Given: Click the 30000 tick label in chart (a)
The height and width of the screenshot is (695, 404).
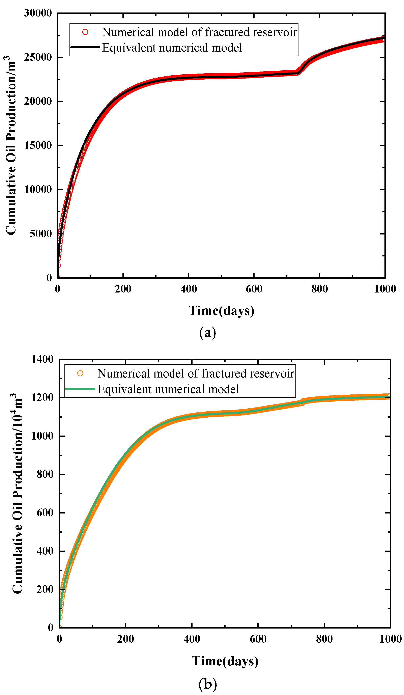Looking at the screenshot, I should click(x=38, y=13).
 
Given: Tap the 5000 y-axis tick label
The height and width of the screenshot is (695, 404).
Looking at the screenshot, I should click(x=41, y=234).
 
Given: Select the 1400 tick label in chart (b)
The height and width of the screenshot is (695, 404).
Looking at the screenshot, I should click(x=42, y=359).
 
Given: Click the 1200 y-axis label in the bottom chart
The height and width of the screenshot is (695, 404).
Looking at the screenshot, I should click(x=42, y=398).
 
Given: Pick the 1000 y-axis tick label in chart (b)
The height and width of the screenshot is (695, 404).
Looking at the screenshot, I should click(x=42, y=436).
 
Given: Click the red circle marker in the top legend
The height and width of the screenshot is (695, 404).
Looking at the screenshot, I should click(x=85, y=32).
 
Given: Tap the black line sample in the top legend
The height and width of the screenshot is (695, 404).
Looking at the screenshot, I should click(x=85, y=47).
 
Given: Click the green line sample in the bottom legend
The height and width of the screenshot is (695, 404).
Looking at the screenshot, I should click(x=80, y=389).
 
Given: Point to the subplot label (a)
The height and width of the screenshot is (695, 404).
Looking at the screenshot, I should click(x=207, y=333).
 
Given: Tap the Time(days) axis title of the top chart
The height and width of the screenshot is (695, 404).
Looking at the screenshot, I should click(x=221, y=311).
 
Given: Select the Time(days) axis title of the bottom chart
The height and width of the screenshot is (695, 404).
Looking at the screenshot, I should click(x=225, y=661).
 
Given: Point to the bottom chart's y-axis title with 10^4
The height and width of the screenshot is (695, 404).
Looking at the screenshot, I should click(x=17, y=494).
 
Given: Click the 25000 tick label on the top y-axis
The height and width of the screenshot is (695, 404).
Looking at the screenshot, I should click(x=38, y=57).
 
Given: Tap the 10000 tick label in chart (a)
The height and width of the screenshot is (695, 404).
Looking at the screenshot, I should click(x=38, y=190).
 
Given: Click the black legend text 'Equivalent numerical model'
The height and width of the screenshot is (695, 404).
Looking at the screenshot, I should click(x=172, y=48).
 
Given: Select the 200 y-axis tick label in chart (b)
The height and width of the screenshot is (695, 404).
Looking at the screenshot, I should click(x=45, y=590).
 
